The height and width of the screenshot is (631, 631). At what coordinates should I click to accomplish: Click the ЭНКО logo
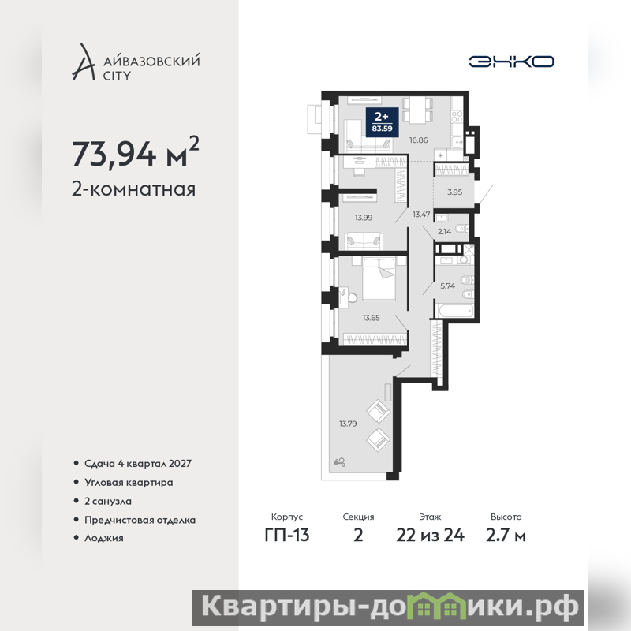tap(511, 62)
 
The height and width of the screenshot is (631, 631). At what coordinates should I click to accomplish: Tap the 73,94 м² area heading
tap(135, 152)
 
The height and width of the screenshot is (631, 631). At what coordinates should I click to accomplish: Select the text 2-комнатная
tap(133, 189)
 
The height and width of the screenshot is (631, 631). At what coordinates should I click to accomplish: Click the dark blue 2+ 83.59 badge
tap(382, 122)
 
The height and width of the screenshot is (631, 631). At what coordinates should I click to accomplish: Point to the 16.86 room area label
tap(419, 140)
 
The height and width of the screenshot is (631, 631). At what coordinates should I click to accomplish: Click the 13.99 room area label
tap(364, 218)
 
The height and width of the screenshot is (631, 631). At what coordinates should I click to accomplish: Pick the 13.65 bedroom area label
tap(371, 318)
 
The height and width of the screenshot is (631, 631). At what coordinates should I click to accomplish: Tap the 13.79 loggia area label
tap(348, 424)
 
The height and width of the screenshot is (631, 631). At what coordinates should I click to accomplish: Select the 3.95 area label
tap(455, 192)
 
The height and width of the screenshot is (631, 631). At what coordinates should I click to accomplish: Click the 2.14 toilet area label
tap(444, 231)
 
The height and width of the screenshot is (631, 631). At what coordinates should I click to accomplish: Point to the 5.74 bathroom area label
tap(447, 286)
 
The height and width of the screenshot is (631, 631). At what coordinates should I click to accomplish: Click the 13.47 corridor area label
tap(421, 214)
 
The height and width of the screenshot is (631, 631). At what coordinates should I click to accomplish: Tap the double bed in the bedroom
tap(379, 279)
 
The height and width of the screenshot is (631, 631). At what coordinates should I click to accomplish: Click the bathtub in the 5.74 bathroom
tap(456, 310)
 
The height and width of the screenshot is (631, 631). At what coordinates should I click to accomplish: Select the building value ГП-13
tap(287, 536)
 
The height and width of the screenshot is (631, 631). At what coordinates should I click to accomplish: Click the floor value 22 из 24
tap(430, 536)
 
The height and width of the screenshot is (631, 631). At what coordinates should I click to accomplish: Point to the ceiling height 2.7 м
tap(506, 536)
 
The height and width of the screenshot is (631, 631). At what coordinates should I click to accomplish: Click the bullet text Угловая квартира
tap(129, 483)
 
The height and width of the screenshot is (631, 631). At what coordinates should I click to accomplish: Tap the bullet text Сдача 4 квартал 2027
tap(137, 464)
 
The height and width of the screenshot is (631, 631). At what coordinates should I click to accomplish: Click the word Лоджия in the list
tap(104, 538)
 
